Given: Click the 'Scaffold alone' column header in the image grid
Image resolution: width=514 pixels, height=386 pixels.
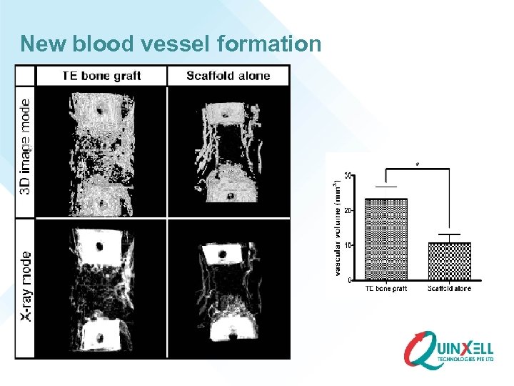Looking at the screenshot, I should tap(228, 76).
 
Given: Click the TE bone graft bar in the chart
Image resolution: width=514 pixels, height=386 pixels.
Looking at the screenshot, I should tap(385, 239).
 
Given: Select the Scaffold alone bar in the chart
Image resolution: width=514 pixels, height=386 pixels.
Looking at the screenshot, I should tap(448, 261).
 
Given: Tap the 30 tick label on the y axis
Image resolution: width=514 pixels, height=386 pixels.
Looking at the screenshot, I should tap(347, 176).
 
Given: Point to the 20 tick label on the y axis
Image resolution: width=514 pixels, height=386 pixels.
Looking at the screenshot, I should tap(347, 211).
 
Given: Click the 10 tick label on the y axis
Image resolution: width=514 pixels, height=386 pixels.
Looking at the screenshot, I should tap(347, 245).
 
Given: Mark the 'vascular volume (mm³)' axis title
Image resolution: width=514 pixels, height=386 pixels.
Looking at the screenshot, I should tap(336, 227).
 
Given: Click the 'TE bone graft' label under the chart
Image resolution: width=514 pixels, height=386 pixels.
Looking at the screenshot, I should tap(386, 288).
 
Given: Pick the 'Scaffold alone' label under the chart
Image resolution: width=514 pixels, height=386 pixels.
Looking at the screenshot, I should tap(450, 288).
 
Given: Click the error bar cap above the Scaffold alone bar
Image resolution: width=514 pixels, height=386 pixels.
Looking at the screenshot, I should tap(448, 234).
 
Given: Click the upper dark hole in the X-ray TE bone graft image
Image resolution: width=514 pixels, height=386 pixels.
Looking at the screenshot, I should tap(100, 246).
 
